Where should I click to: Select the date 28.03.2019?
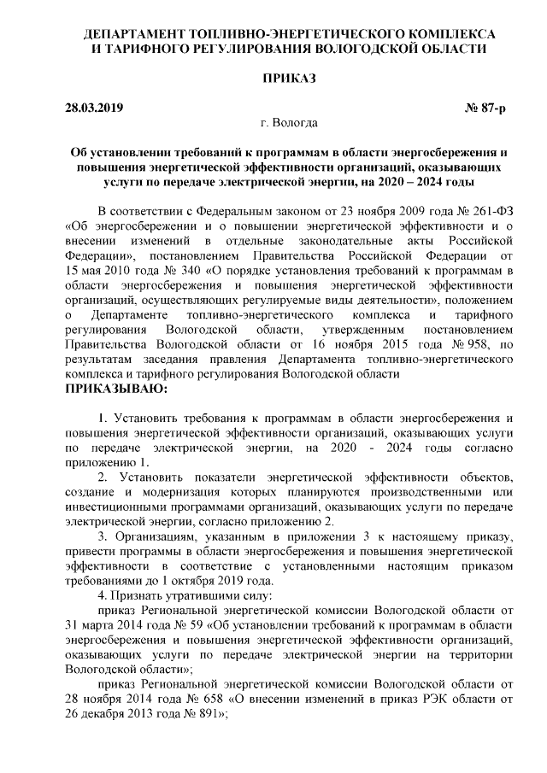pos(95,108)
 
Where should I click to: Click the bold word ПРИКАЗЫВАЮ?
pos(116,389)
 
